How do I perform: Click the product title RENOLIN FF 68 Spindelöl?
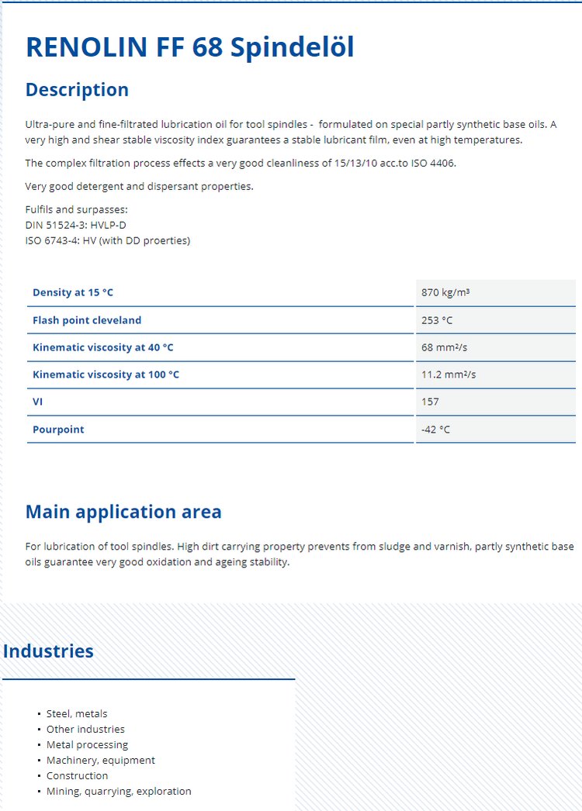[x=190, y=47]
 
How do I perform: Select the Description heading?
[x=77, y=90]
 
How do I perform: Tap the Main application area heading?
[x=123, y=512]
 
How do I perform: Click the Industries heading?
[x=48, y=651]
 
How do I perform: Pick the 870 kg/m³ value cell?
[x=446, y=292]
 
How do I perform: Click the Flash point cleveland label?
[x=87, y=320]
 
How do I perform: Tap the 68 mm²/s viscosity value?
[x=444, y=347]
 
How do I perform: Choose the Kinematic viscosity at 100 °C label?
[x=106, y=374]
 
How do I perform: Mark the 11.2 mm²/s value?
[x=449, y=374]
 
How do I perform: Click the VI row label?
[x=38, y=402]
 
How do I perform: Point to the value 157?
[x=430, y=402]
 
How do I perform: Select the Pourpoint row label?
[x=58, y=430]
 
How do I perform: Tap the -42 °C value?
[x=435, y=430]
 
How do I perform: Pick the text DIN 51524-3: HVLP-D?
[x=75, y=225]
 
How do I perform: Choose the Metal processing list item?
[x=87, y=744]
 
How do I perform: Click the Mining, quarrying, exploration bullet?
[x=119, y=791]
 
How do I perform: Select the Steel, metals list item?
[x=77, y=713]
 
